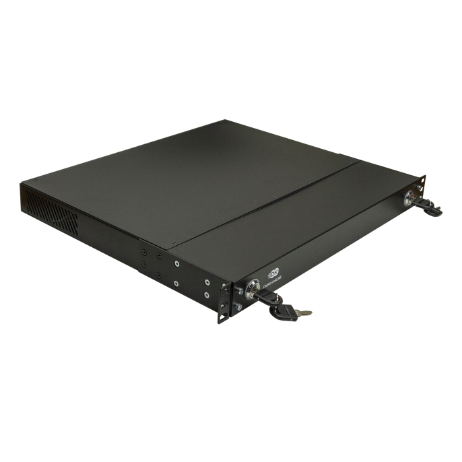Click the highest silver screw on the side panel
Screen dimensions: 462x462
pyautogui.click(x=176, y=263)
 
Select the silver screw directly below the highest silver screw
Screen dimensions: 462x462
pyautogui.click(x=178, y=283)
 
